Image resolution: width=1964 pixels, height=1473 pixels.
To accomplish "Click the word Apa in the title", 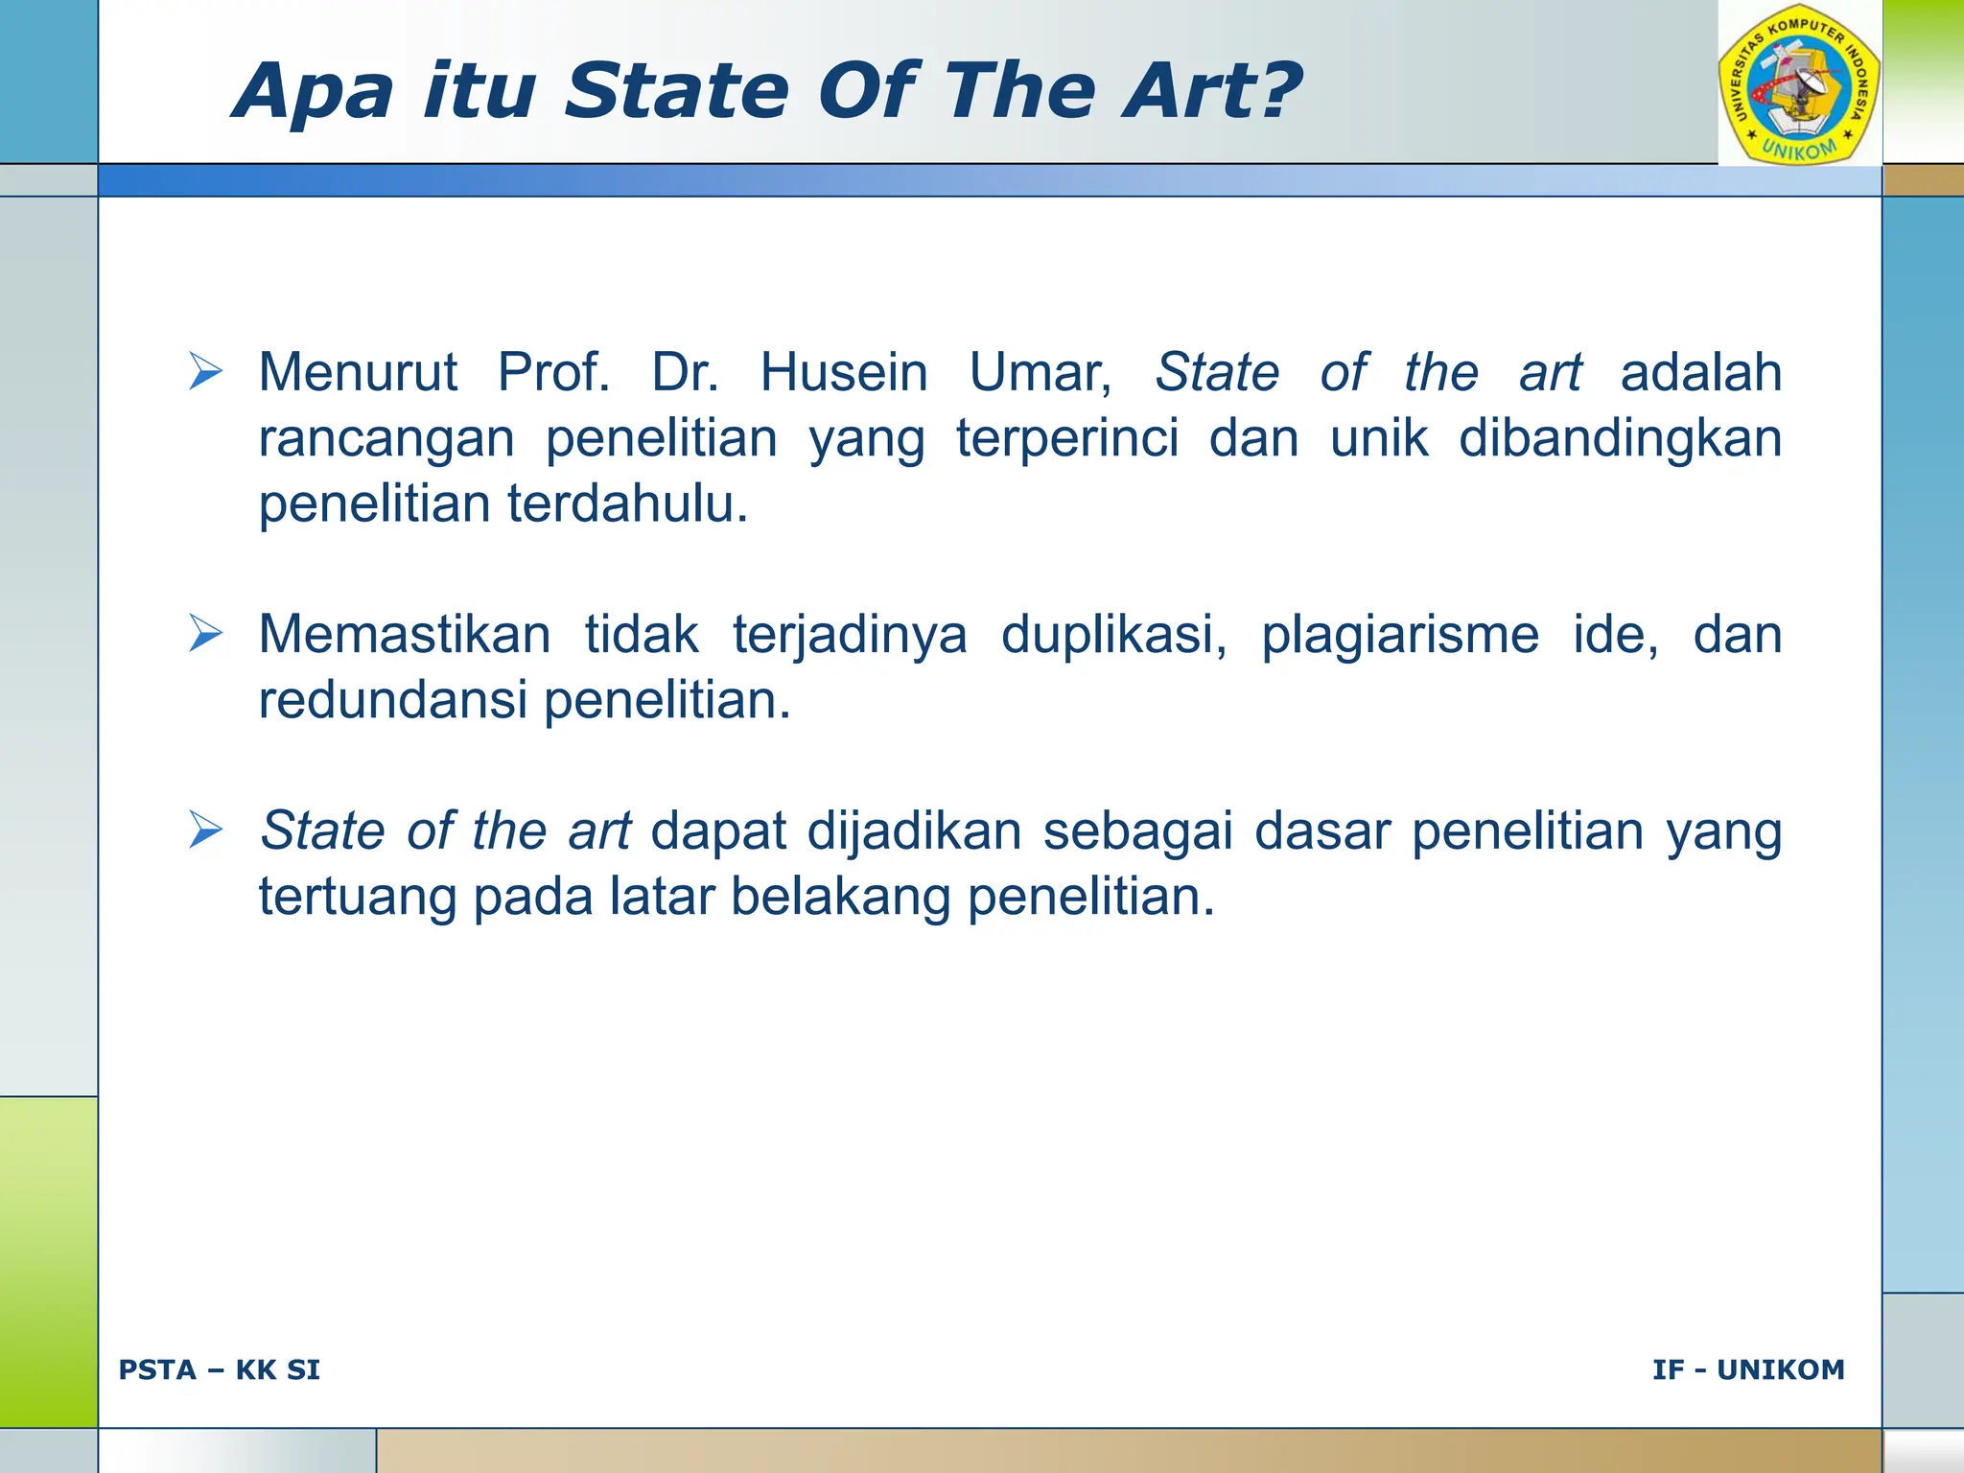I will tap(313, 92).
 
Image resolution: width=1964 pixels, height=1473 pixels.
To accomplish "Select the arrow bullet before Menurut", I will tap(205, 372).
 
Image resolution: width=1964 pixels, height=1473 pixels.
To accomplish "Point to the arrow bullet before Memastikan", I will tap(205, 634).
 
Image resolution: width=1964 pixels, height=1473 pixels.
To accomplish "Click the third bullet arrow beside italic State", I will tap(205, 830).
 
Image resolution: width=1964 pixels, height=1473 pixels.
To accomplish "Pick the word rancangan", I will tap(386, 438).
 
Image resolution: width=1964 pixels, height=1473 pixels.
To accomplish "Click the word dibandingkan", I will tap(1619, 438).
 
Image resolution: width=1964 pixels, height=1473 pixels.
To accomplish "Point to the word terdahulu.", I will tap(627, 503).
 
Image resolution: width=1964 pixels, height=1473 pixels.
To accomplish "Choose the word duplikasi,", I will tap(1113, 635).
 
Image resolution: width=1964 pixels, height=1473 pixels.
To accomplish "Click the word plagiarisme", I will tap(1399, 635).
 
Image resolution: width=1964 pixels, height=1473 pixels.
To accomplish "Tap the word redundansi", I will tap(393, 700).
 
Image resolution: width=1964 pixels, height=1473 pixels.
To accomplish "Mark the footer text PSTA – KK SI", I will tap(220, 1369).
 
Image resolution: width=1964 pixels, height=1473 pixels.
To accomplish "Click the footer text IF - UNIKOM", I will tap(1747, 1369).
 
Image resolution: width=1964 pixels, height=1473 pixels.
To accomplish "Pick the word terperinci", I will tap(1066, 438).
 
